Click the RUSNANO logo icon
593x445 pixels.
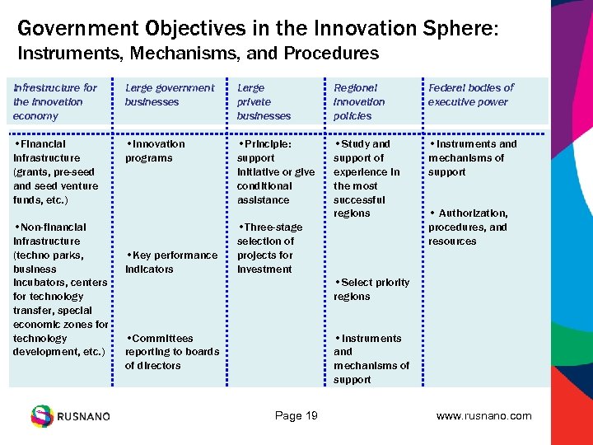[x=41, y=415]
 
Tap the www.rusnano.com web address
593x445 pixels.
[x=483, y=415]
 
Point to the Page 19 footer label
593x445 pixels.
[x=296, y=415]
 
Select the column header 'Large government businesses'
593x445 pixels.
[x=169, y=95]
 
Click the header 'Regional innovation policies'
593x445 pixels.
[x=359, y=101]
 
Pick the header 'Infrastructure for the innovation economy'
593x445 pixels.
[x=54, y=101]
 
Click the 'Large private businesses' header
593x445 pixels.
[x=264, y=101]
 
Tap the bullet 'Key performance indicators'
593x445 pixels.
[x=171, y=262]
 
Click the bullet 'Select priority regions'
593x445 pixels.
[x=371, y=289]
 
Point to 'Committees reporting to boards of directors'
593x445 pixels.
[x=171, y=352]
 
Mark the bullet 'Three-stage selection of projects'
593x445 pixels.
[x=270, y=248]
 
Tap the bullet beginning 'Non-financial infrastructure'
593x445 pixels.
[x=59, y=289]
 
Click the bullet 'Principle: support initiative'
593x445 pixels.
[x=276, y=171]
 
